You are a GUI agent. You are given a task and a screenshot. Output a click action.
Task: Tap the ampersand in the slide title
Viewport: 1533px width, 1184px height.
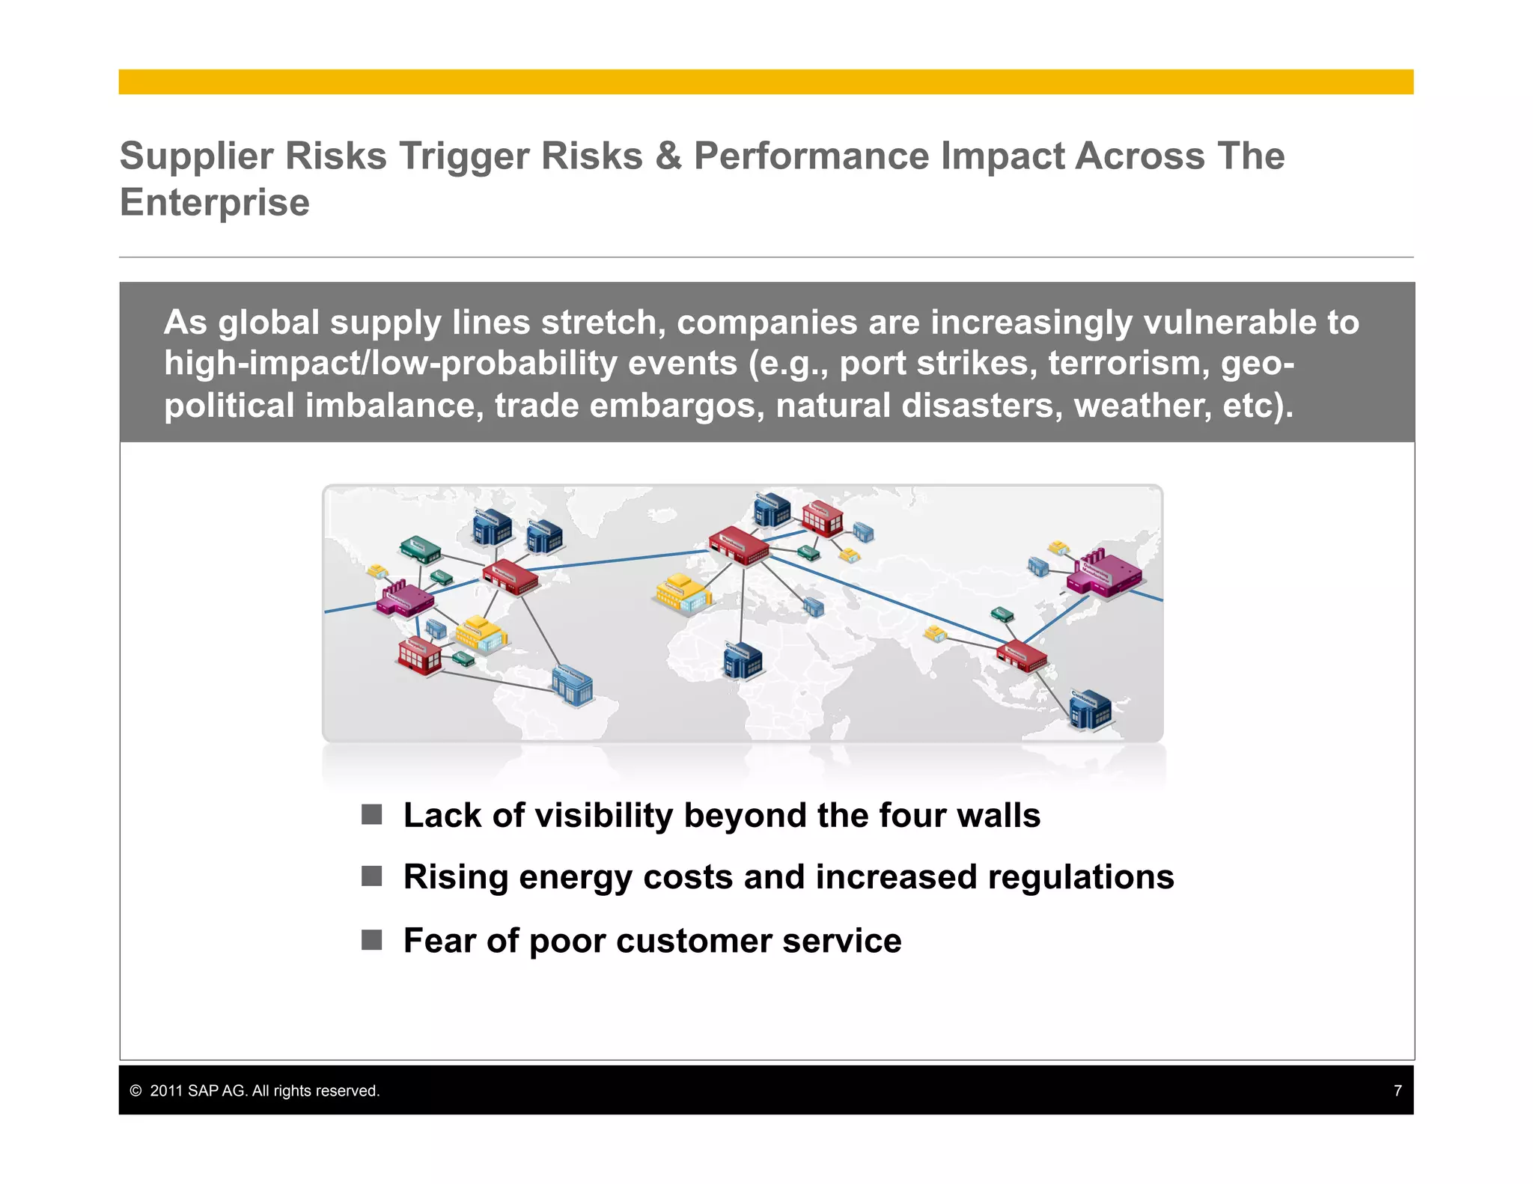(668, 157)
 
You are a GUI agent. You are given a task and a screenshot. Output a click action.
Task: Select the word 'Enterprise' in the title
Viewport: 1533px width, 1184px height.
(215, 203)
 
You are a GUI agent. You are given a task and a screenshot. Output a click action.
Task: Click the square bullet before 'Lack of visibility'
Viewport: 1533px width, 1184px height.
(371, 814)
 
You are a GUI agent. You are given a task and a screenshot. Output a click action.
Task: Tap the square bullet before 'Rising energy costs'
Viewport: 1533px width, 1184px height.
(371, 876)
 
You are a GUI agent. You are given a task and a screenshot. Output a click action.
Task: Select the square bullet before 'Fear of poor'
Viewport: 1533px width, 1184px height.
(371, 939)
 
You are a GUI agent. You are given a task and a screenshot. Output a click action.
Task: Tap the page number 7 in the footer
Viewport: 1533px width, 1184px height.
(1397, 1090)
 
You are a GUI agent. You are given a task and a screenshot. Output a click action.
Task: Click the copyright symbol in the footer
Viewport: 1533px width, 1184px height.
(135, 1090)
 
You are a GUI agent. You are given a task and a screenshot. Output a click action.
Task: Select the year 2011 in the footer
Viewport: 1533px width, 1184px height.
(166, 1090)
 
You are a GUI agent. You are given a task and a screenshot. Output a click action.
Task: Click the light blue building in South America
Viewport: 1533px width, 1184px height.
(572, 684)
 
